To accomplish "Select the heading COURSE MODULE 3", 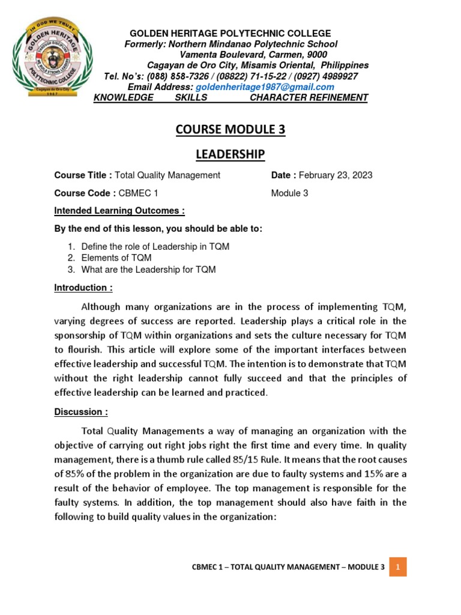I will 230,130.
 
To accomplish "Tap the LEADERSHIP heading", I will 230,155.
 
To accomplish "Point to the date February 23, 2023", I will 335,175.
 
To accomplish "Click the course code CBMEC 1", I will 138,193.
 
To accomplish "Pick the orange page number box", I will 397,566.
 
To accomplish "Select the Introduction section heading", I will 83,288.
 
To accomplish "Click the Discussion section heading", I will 82,412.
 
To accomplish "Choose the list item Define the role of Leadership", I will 155,247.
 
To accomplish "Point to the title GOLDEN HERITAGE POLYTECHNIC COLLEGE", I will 230,33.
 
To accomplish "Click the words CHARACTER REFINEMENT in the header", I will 309,98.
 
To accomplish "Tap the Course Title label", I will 83,175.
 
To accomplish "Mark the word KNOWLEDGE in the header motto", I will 124,98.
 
